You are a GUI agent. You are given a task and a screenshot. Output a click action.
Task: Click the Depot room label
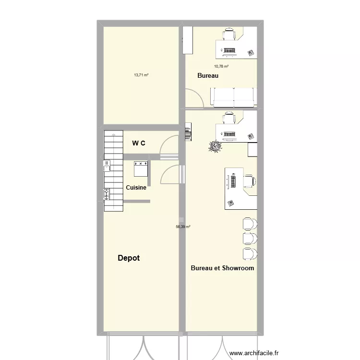point(129,258)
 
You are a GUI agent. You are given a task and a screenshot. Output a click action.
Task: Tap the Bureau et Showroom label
point(222,268)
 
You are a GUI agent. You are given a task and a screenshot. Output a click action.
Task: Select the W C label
point(139,143)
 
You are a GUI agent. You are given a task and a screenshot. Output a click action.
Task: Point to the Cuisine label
point(136,188)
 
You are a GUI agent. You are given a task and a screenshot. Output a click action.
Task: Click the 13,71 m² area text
point(141,75)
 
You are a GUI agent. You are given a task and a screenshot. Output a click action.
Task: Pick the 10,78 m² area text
point(221,67)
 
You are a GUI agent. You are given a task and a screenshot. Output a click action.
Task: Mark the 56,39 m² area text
point(183,227)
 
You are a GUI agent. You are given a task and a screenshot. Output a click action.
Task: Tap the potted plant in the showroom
point(215,146)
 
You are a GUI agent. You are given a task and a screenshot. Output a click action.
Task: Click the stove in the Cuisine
point(141,168)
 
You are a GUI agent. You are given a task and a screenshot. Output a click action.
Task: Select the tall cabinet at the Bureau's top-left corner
point(187,40)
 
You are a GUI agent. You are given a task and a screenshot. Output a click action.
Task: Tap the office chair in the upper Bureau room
point(229,34)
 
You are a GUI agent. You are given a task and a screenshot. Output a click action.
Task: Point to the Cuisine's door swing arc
point(170,175)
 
